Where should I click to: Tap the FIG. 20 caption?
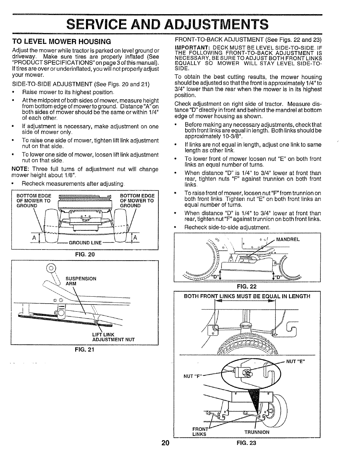[85, 255]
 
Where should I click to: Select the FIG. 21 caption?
[85, 349]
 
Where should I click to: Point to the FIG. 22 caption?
[247, 287]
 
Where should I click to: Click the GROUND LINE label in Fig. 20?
[85, 243]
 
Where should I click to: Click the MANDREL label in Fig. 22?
[288, 239]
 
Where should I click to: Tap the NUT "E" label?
[295, 361]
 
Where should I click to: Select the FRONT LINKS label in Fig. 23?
[200, 432]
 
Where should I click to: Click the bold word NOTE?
[19, 169]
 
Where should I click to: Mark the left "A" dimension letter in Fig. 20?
[34, 238]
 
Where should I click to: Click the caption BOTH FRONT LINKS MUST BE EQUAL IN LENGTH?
[247, 296]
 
